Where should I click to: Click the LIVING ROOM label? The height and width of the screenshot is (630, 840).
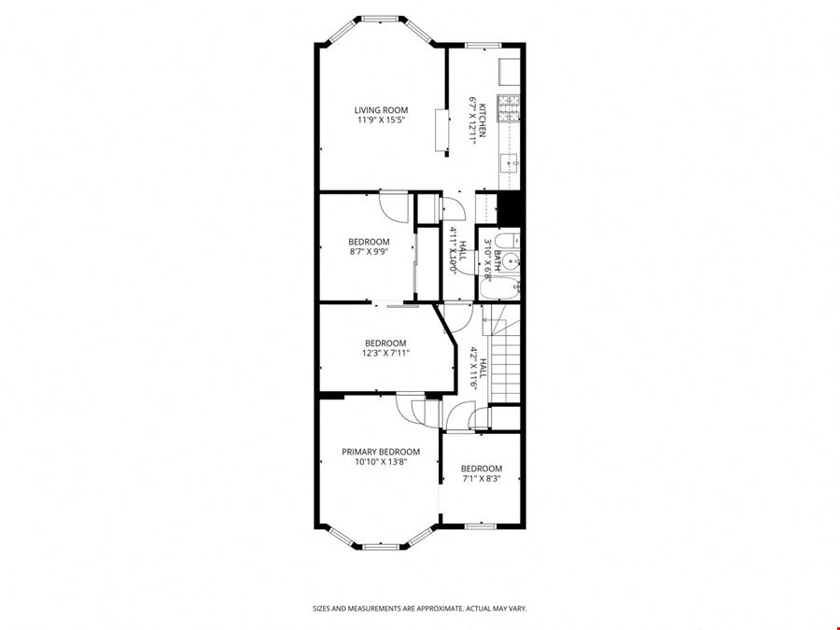(381, 110)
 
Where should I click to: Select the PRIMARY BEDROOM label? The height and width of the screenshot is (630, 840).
(381, 452)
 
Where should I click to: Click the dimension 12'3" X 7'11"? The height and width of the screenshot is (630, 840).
(385, 353)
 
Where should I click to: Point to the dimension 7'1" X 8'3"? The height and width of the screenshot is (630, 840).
(481, 479)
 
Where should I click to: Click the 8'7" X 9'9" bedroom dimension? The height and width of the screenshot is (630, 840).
(369, 251)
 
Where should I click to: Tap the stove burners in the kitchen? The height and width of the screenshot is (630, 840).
(509, 107)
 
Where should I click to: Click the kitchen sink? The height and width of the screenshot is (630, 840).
(509, 162)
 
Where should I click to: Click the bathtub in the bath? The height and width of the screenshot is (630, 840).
(499, 289)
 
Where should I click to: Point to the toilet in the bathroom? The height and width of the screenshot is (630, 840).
(507, 240)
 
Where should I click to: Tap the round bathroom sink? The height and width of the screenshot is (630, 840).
(511, 262)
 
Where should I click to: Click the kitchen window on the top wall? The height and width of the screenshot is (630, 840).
(483, 46)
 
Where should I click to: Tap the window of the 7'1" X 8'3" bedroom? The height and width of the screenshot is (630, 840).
(481, 526)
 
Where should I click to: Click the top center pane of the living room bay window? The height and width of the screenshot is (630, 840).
(381, 19)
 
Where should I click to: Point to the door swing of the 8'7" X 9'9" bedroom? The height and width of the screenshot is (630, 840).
(393, 206)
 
